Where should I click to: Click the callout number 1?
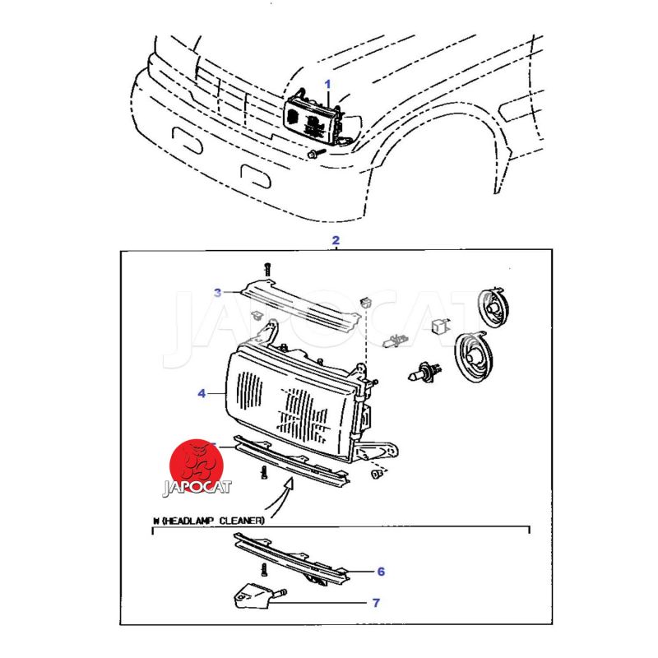pyautogui.click(x=327, y=84)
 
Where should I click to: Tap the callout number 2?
pyautogui.click(x=335, y=240)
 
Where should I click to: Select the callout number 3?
pyautogui.click(x=218, y=293)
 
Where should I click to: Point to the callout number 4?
pyautogui.click(x=202, y=394)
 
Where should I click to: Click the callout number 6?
pyautogui.click(x=381, y=571)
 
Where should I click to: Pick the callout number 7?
pyautogui.click(x=376, y=603)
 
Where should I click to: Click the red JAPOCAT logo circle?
pyautogui.click(x=197, y=465)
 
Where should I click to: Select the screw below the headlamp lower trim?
pyautogui.click(x=263, y=472)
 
